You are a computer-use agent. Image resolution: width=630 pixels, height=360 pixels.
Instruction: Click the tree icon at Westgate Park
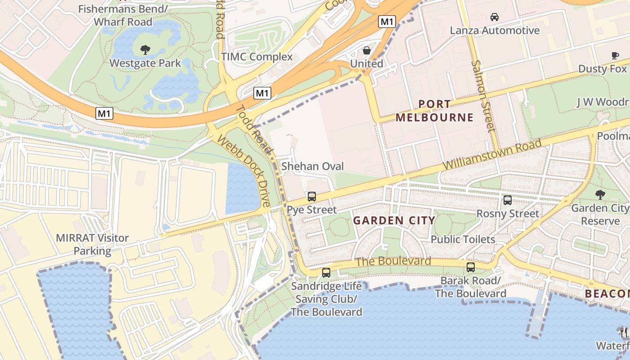tap(145, 49)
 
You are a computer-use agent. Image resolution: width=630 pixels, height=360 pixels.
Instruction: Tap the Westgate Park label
tap(145, 63)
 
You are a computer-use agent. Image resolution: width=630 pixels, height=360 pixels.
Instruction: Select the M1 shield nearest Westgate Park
tap(104, 113)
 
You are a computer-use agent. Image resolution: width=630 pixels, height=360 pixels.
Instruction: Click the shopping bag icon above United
tap(367, 50)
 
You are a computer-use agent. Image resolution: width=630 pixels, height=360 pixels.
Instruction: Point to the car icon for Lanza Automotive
tap(495, 17)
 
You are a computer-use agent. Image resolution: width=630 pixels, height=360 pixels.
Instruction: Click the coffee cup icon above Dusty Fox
tap(615, 55)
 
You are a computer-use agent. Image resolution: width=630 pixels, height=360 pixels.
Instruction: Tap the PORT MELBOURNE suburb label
tap(434, 111)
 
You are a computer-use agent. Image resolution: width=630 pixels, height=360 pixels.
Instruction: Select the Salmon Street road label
tap(483, 95)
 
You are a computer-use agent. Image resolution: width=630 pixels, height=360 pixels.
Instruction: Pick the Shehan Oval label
tap(312, 166)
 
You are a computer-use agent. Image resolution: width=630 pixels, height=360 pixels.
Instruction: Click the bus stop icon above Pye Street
tap(311, 196)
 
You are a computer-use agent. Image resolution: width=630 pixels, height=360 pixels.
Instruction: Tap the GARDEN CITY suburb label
tap(394, 220)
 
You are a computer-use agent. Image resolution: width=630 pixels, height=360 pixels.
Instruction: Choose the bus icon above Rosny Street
tap(508, 200)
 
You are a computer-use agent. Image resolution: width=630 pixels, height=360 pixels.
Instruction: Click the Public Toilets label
tap(463, 239)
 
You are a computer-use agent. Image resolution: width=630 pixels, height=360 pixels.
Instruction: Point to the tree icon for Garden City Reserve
tap(600, 194)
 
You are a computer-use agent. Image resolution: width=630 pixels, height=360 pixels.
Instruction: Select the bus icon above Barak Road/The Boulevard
tap(471, 267)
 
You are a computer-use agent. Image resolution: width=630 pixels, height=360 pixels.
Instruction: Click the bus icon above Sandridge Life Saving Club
tap(326, 272)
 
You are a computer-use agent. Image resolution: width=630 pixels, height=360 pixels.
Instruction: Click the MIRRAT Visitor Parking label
tap(92, 244)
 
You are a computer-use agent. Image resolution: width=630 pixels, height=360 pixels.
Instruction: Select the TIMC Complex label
tap(257, 57)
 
